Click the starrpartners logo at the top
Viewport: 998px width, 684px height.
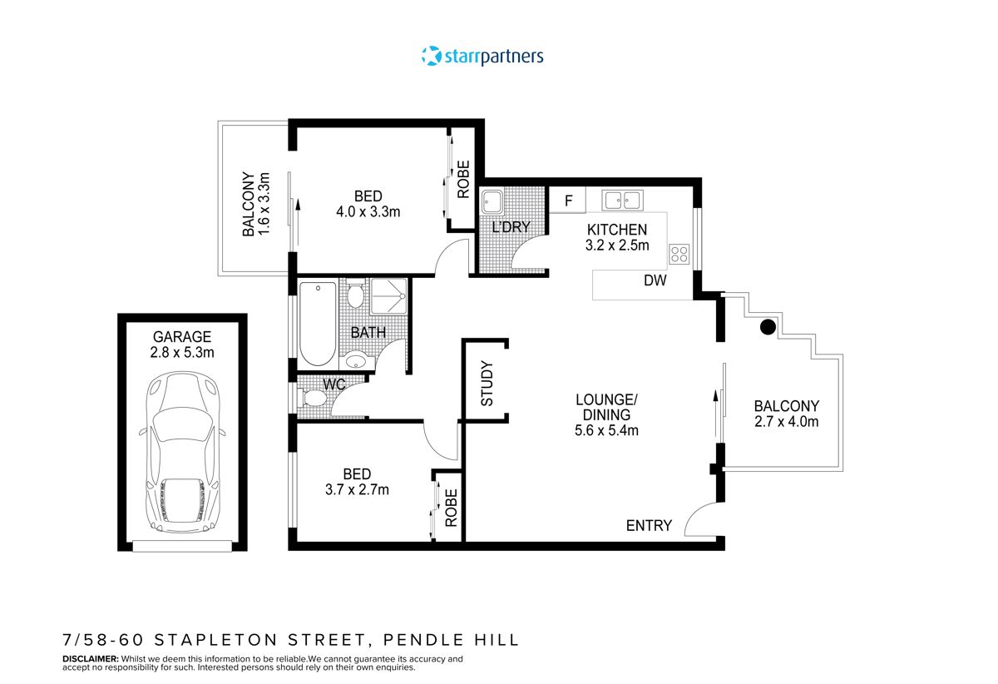482,57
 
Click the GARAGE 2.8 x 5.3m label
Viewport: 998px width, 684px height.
182,344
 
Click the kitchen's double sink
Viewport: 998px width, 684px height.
623,200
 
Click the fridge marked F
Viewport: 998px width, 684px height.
569,201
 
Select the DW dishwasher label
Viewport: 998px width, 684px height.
655,281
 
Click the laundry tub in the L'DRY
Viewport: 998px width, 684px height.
491,201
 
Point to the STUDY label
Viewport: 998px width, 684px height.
487,384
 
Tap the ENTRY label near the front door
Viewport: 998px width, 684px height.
649,525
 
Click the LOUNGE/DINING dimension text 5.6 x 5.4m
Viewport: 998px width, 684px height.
607,430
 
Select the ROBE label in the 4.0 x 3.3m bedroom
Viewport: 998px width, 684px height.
463,180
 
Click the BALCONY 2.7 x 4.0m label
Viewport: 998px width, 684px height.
786,414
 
